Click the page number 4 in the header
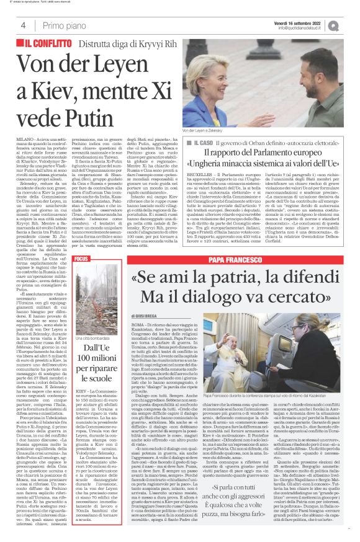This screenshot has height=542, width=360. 23,25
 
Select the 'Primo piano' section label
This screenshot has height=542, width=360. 63,25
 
